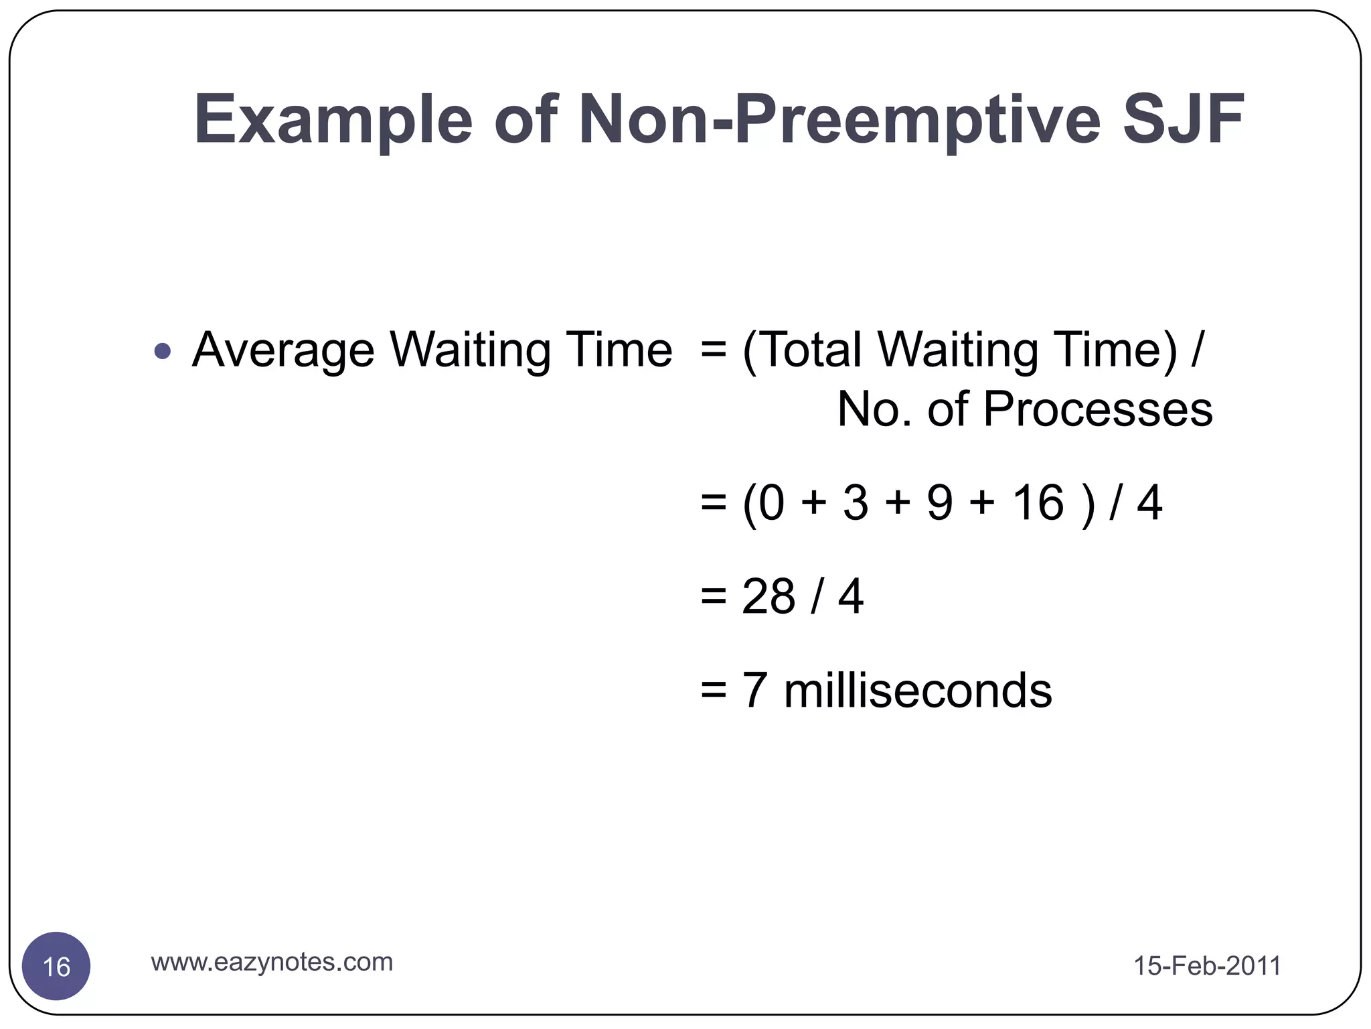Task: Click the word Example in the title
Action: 333,121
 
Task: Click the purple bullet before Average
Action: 162,350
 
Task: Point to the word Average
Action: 283,350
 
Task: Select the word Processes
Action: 1097,409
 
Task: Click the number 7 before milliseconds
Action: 754,691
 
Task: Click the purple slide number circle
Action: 56,966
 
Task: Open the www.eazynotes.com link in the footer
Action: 272,962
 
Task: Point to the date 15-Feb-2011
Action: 1207,966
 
